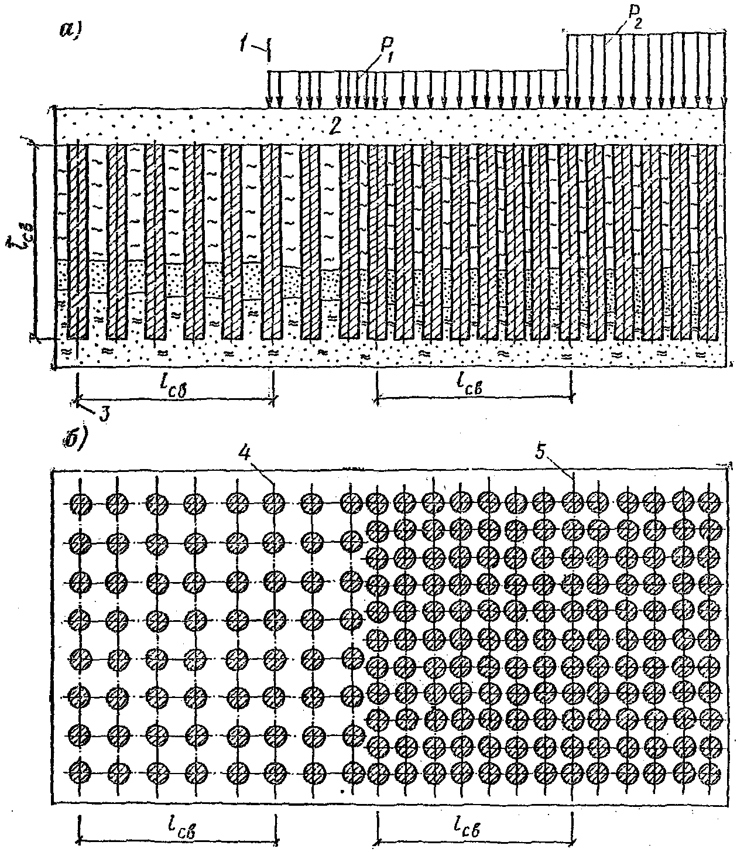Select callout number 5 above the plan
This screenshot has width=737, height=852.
click(x=541, y=451)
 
